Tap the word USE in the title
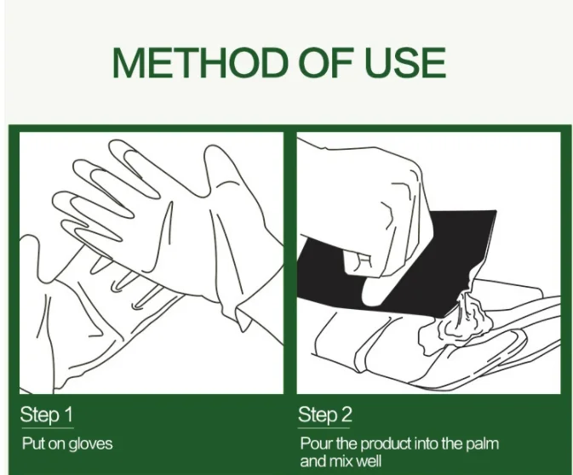[x=405, y=62]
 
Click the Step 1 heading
[x=47, y=415]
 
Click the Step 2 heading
[x=325, y=415]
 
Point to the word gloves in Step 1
[x=90, y=444]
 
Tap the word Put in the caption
[x=34, y=444]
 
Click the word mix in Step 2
[x=341, y=461]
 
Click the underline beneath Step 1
[x=47, y=428]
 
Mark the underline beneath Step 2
[x=324, y=428]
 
